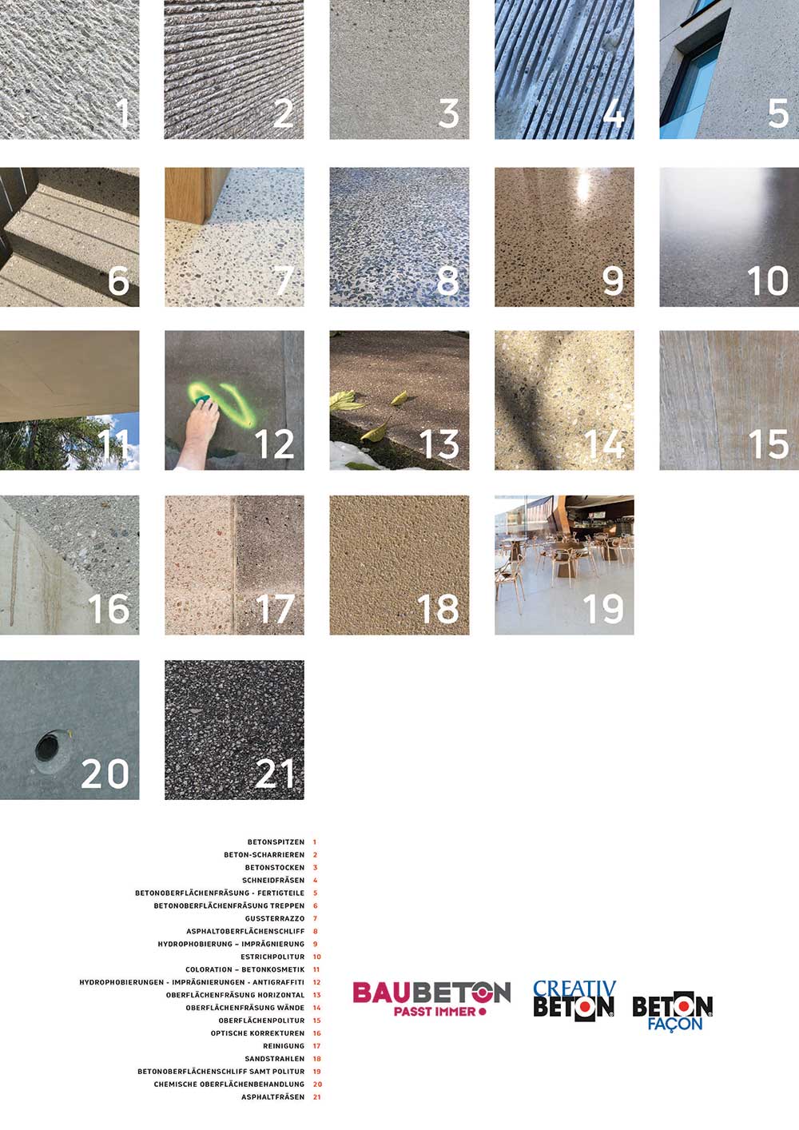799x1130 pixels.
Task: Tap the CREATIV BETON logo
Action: (x=574, y=1001)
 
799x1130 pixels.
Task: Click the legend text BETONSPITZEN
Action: (x=276, y=842)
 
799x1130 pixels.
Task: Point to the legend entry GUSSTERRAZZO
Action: (x=275, y=918)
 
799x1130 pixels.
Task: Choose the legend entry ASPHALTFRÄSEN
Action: (x=273, y=1096)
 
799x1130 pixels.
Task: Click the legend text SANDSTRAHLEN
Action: (x=275, y=1058)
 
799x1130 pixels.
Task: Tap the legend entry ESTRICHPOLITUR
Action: (x=273, y=957)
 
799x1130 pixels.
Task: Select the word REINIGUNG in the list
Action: (x=284, y=1046)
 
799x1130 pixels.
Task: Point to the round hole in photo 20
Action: (x=47, y=748)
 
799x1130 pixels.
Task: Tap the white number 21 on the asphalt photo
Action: (x=275, y=774)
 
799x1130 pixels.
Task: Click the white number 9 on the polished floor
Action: (x=613, y=281)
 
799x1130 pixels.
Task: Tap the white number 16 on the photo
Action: (x=109, y=608)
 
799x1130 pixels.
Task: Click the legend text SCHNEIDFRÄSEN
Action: (x=273, y=881)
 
